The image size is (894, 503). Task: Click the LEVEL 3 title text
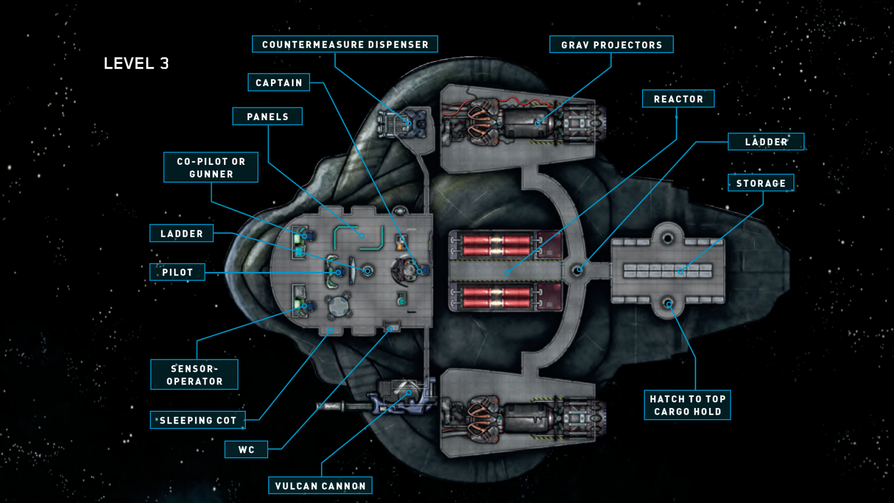tap(136, 64)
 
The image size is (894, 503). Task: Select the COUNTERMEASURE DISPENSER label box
tap(345, 44)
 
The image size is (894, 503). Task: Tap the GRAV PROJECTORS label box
tap(611, 45)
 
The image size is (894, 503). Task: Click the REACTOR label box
tap(678, 99)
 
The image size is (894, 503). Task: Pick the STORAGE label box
tap(760, 183)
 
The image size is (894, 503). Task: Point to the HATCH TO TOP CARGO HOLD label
tap(687, 405)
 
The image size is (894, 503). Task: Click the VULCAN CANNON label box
tap(320, 486)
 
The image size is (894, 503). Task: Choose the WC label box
tap(246, 449)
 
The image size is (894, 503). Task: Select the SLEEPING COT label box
tap(198, 420)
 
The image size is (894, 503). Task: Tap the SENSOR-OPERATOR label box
tap(194, 375)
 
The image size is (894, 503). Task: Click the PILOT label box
tap(177, 272)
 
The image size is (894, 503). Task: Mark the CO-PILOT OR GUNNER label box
tap(211, 168)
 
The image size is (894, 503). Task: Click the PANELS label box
tap(267, 116)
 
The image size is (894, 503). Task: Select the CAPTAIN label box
tap(278, 83)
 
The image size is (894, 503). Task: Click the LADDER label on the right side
tap(765, 142)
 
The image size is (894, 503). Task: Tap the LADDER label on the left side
tap(182, 234)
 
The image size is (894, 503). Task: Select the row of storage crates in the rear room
tap(668, 271)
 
